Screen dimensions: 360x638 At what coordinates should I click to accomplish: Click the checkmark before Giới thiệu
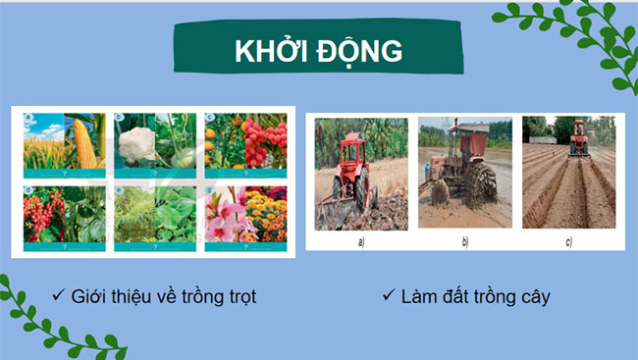click(x=60, y=294)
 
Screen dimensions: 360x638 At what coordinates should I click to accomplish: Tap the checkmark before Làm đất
click(x=389, y=294)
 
